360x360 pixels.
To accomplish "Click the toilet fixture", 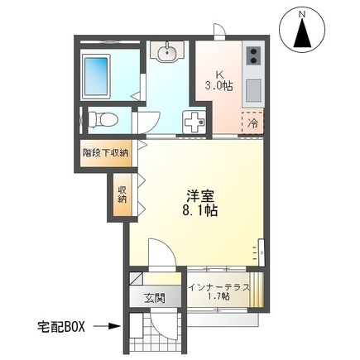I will [x=103, y=118].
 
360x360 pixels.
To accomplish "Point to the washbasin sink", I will [x=168, y=52].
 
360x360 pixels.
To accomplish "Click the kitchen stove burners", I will [x=252, y=56].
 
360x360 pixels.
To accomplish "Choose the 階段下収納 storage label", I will [x=105, y=153].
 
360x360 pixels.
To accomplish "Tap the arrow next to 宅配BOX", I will [x=107, y=325].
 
